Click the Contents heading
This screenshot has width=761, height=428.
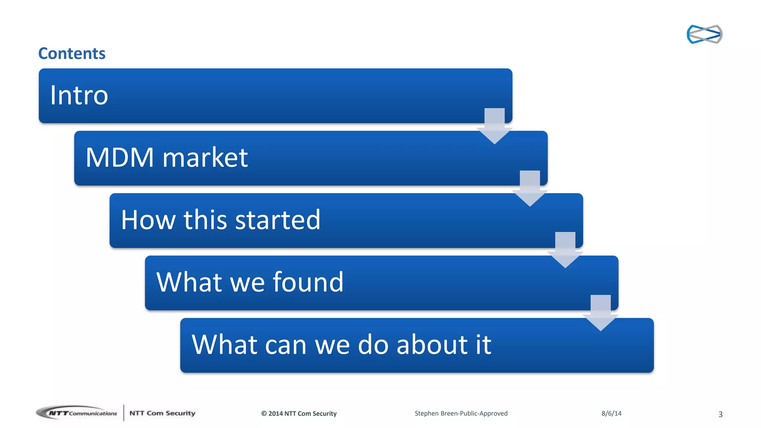click(72, 53)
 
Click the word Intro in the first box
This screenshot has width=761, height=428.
click(79, 95)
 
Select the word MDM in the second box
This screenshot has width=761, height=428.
click(120, 158)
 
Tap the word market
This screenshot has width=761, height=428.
click(205, 158)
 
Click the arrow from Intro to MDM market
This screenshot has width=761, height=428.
click(495, 126)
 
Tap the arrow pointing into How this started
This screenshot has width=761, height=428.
click(530, 189)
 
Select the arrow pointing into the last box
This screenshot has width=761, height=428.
click(600, 313)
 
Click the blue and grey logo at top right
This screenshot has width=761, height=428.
click(704, 34)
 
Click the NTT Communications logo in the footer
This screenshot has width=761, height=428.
click(77, 413)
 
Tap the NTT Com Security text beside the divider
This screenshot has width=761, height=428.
click(162, 413)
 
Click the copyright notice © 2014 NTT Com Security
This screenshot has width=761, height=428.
click(299, 414)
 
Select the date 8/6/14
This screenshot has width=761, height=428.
click(611, 414)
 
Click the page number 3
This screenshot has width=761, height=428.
click(720, 414)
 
